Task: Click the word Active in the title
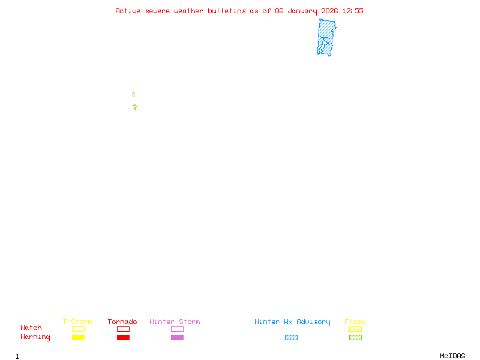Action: tap(128, 11)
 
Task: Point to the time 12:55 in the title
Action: tap(353, 11)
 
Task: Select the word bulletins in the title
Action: tap(227, 11)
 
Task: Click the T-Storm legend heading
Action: tap(77, 322)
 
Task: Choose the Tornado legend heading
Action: tap(122, 322)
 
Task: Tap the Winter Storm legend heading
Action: tap(175, 322)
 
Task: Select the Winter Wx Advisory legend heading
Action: tap(292, 322)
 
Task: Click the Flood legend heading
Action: tap(355, 322)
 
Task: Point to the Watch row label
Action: tap(31, 328)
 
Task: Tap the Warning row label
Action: tap(35, 337)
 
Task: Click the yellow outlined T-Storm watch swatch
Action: tap(78, 329)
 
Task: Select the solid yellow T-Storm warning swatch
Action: tap(78, 337)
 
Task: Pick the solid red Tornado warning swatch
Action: tap(123, 337)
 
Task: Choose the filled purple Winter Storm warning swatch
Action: tap(177, 337)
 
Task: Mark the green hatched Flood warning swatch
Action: tap(355, 337)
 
